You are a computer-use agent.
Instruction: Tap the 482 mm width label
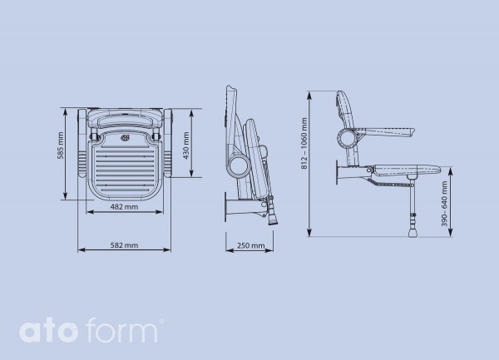coord(124,209)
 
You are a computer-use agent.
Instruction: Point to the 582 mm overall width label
coord(125,246)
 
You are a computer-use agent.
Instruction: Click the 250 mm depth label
coord(250,246)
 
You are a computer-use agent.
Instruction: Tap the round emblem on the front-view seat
coord(125,138)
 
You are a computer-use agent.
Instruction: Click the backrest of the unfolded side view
coord(346,108)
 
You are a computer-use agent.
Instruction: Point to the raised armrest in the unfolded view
coord(387,129)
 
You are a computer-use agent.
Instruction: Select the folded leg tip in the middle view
coord(274,217)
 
